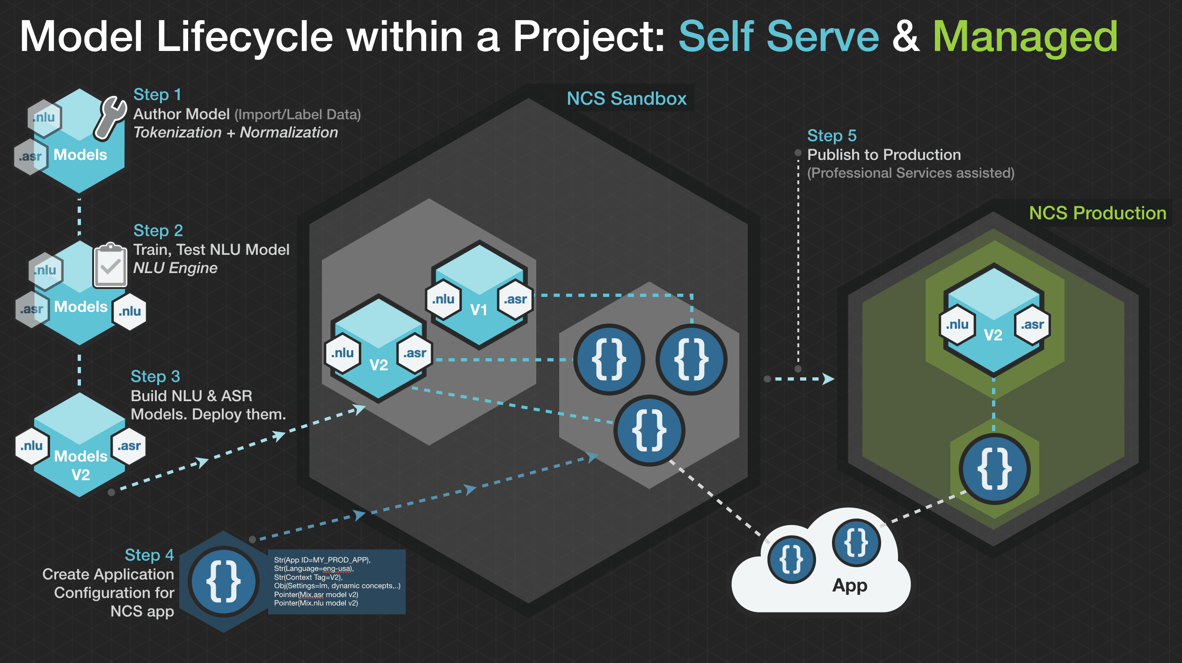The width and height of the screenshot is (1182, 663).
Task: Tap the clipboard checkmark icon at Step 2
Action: coord(110,265)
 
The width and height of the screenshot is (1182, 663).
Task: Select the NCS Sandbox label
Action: coord(626,99)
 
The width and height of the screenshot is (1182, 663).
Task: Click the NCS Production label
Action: coord(1097,213)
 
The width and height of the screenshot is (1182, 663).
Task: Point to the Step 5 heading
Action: coord(832,136)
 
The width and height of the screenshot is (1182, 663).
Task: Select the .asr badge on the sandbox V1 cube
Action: coord(515,299)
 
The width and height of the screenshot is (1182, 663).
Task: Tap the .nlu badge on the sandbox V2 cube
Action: coord(343,353)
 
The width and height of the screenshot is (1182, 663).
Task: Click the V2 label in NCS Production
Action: coord(993,335)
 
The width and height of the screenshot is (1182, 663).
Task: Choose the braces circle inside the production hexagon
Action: coord(994,468)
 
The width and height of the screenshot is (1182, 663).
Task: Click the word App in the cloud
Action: coord(850,585)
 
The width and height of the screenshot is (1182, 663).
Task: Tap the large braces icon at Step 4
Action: coord(224,582)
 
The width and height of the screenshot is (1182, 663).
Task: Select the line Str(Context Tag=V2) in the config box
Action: coord(308,577)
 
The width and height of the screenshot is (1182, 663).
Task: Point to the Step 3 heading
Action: coord(155,376)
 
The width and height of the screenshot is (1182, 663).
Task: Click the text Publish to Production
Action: coord(884,155)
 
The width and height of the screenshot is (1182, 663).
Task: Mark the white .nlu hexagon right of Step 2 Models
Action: coord(130,311)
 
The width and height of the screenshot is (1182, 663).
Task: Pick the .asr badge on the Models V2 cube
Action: coord(129,446)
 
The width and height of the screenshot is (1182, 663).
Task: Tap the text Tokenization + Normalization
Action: coord(235,132)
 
